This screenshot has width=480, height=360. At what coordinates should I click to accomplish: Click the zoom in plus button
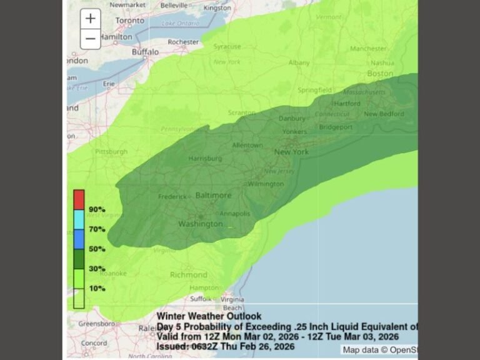click(x=91, y=18)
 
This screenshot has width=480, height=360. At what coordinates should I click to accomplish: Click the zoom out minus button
click(x=91, y=39)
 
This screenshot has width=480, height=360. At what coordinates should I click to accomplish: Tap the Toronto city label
click(x=129, y=20)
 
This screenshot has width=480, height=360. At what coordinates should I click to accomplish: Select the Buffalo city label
click(x=145, y=52)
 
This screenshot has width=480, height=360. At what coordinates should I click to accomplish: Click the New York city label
click(x=292, y=152)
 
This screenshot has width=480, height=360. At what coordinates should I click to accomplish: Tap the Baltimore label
click(x=213, y=196)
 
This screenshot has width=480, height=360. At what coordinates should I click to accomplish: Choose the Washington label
click(x=200, y=224)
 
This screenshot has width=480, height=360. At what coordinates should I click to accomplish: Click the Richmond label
click(x=188, y=274)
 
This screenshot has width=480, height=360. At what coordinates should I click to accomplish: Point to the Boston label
click(x=380, y=73)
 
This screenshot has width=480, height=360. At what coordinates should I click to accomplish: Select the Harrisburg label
click(x=206, y=158)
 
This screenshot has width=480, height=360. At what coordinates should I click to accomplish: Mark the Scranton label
click(x=242, y=112)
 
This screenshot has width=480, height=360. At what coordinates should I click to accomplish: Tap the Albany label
click(x=299, y=63)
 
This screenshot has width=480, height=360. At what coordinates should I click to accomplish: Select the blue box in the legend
click(x=79, y=239)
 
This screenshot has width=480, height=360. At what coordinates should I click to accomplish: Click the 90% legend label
click(x=97, y=209)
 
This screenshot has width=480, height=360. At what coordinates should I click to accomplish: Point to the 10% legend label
click(x=97, y=289)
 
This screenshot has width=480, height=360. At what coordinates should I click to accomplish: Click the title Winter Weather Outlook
click(x=209, y=316)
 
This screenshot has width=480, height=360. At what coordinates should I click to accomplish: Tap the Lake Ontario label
click(x=177, y=24)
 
